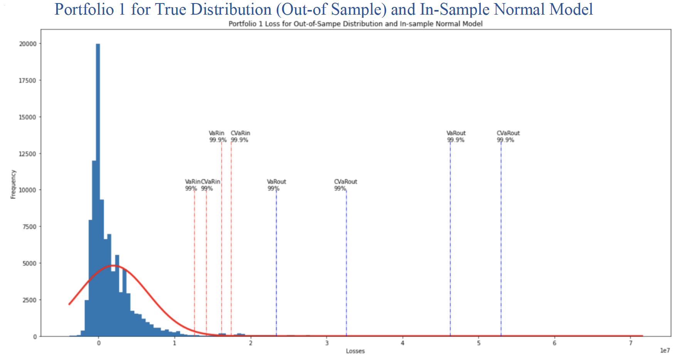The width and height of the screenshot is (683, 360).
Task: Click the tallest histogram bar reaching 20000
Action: tap(98, 189)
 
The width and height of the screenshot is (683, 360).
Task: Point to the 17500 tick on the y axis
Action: tap(28, 81)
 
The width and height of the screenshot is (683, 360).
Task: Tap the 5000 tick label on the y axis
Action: tap(29, 264)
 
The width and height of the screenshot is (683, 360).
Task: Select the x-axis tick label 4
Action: tap(402, 343)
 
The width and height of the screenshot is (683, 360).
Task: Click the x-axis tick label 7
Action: tap(631, 343)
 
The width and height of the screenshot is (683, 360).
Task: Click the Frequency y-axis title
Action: tap(13, 184)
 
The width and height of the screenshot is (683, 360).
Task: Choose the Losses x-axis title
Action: tap(355, 351)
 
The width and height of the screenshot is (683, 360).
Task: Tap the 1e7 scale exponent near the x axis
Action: tap(665, 350)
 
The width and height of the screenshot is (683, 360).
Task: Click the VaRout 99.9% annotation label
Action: tap(456, 136)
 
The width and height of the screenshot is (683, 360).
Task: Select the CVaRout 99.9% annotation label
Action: tap(508, 136)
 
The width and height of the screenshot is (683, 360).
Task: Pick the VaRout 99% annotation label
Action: tap(276, 185)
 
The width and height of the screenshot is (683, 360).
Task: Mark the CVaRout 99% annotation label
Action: tap(345, 185)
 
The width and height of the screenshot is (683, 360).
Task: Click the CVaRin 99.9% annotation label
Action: tap(240, 136)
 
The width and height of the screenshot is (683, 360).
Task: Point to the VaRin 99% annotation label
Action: tap(192, 185)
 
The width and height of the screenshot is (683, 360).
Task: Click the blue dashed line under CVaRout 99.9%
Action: tap(501, 239)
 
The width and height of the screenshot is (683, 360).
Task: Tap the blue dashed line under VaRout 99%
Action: tap(276, 262)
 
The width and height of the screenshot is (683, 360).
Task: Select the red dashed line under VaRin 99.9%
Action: tap(222, 239)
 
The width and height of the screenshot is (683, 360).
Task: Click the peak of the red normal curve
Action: tap(113, 265)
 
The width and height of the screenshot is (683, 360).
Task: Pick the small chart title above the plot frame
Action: tap(355, 24)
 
